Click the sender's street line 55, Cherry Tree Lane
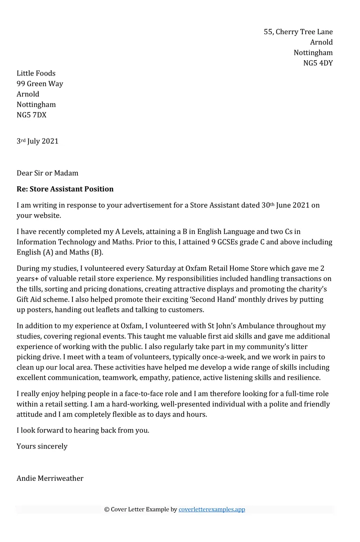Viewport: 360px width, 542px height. [x=298, y=32]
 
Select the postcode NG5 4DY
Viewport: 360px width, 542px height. [x=318, y=63]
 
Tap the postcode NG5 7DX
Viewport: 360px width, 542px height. [x=31, y=115]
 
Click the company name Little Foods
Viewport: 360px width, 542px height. [x=36, y=73]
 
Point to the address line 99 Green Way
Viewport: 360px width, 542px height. [x=40, y=84]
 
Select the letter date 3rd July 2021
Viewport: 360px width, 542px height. [x=37, y=141]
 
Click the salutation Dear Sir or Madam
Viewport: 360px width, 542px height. [x=47, y=173]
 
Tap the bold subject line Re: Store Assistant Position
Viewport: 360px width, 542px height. [x=65, y=189]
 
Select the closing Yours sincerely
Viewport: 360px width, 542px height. [x=42, y=446]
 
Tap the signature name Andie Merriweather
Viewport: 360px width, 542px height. [x=50, y=479]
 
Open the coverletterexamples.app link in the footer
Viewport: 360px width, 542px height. [x=211, y=510]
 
